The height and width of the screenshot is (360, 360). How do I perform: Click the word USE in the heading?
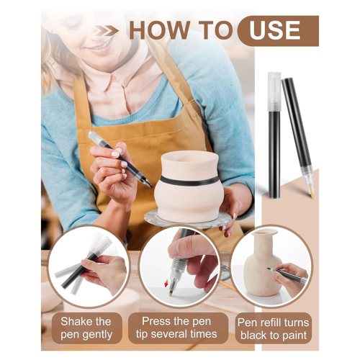tap(274, 30)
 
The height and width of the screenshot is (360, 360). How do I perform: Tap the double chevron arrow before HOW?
tap(107, 31)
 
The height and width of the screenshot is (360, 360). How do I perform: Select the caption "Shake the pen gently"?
tap(86, 328)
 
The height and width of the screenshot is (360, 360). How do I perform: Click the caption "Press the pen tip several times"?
tap(176, 328)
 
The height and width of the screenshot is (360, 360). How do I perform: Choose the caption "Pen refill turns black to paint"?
tap(274, 329)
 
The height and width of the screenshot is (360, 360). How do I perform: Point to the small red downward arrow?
tap(166, 284)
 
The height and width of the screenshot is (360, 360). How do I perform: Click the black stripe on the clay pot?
tap(189, 181)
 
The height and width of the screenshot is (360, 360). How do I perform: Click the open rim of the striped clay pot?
tap(189, 159)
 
